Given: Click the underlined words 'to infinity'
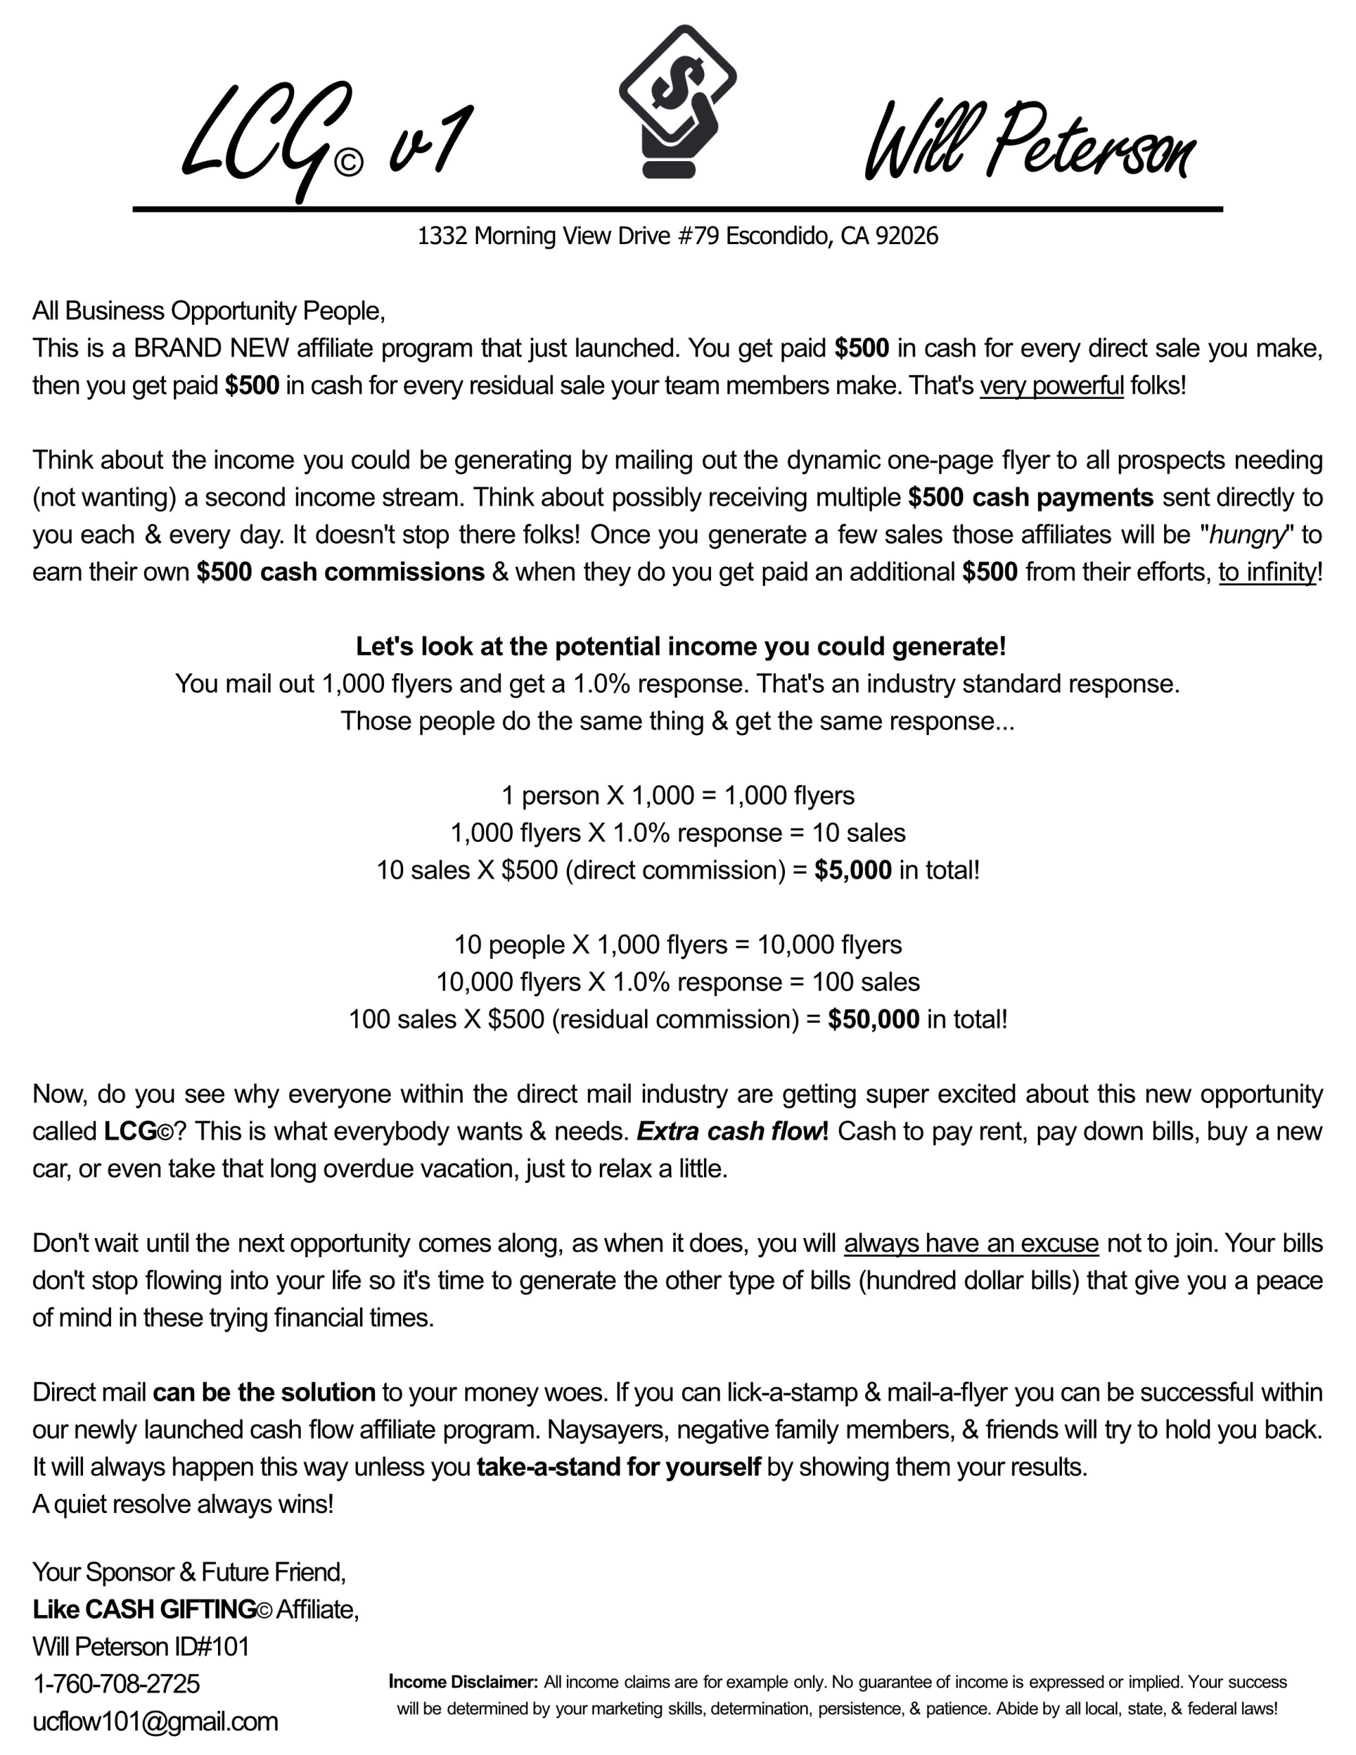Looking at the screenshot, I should (x=1267, y=572).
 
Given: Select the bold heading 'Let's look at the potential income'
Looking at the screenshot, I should (x=680, y=647).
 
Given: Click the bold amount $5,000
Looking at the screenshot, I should (x=852, y=870).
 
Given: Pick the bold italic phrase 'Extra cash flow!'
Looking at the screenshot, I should (x=731, y=1131).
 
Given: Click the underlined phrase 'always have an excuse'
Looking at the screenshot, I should (x=970, y=1243).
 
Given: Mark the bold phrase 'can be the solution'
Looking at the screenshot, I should (x=264, y=1392).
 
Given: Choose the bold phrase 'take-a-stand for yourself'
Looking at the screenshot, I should (x=618, y=1467).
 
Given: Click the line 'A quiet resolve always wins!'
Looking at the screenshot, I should (x=182, y=1504).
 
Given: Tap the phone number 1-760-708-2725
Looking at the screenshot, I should (x=116, y=1684).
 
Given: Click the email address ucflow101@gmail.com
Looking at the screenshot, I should (x=155, y=1721).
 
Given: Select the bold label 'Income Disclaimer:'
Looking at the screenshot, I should (x=463, y=1682).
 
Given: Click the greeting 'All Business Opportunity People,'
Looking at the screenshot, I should (x=208, y=311).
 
